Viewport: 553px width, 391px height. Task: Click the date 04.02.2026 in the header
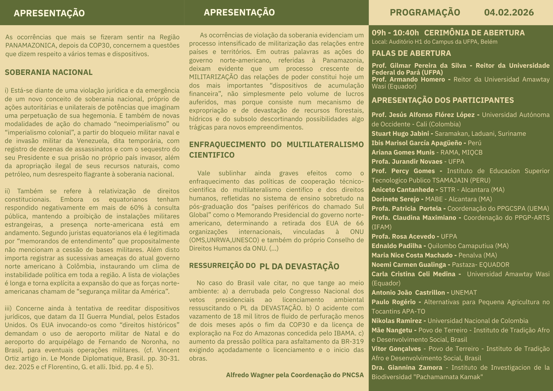tap(509, 12)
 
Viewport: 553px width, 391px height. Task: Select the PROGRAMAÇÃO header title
tap(425, 12)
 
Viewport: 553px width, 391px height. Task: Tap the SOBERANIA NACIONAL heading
tap(49, 72)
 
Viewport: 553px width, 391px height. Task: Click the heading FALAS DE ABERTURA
tap(411, 53)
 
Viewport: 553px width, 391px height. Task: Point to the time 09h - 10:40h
tap(395, 33)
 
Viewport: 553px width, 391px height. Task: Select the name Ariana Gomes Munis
tap(403, 152)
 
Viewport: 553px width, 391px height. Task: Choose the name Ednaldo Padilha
tap(397, 246)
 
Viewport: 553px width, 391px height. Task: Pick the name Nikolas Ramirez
tap(397, 321)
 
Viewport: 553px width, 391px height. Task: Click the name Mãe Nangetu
tap(392, 330)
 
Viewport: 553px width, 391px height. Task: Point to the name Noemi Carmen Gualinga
tap(408, 265)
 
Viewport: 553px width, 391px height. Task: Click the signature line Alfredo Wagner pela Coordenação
tap(295, 375)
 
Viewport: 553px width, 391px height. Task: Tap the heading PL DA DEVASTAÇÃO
tap(299, 267)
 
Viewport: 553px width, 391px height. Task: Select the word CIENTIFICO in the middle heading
tap(212, 155)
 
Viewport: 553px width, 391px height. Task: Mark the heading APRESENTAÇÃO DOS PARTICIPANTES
tap(442, 100)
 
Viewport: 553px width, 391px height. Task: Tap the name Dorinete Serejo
tap(395, 199)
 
